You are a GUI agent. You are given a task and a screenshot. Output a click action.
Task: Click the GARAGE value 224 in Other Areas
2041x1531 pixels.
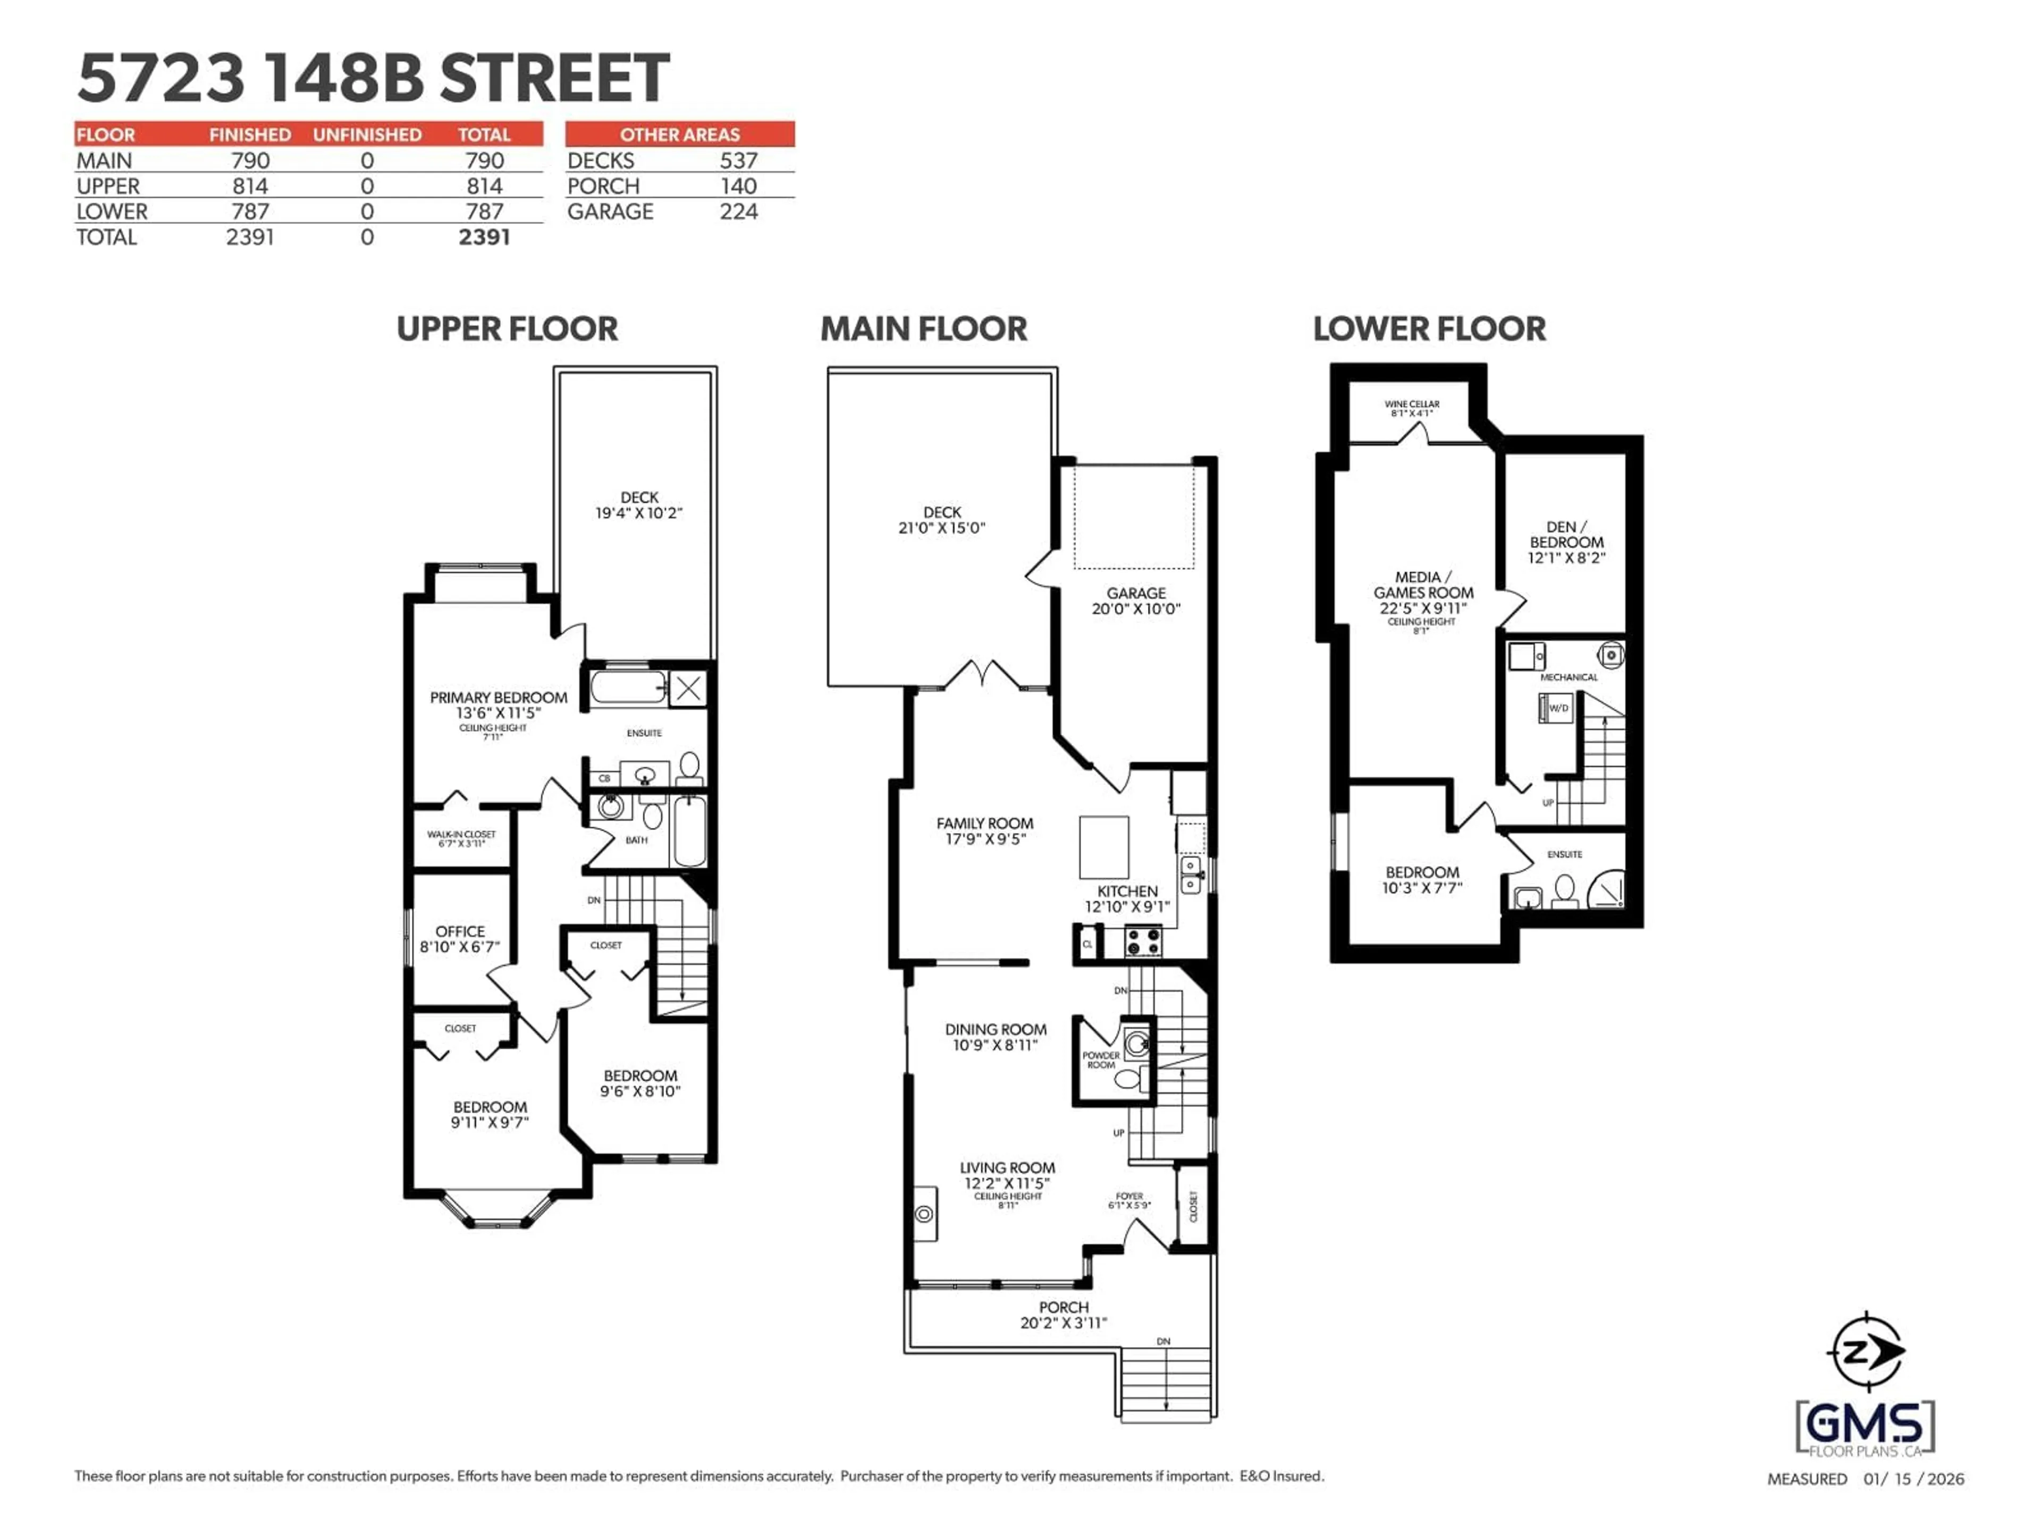tap(738, 212)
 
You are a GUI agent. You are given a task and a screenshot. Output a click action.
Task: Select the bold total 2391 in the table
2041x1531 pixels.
tap(484, 237)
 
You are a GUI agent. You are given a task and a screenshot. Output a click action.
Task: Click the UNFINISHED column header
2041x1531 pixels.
tap(367, 134)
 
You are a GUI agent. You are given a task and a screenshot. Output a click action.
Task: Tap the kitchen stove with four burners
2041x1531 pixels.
tap(1143, 942)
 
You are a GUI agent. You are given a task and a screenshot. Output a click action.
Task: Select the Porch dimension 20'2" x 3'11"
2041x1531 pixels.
tap(1063, 1323)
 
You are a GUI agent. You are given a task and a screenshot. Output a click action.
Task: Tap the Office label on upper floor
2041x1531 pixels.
tap(460, 931)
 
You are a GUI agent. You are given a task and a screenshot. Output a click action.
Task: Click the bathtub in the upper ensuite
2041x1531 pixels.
tap(627, 687)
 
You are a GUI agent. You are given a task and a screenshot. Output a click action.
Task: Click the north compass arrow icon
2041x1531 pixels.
tap(1866, 1353)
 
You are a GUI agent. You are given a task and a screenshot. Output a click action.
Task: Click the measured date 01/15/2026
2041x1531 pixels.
tap(1913, 1478)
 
